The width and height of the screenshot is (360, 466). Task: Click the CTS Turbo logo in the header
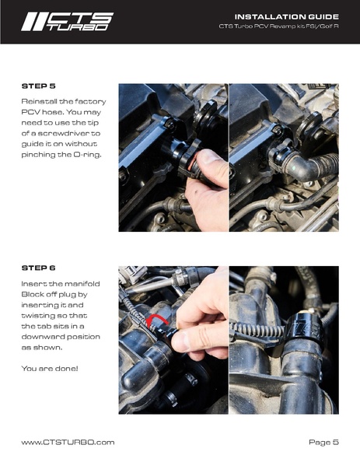(x=67, y=21)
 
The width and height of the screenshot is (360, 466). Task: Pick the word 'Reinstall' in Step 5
(x=40, y=102)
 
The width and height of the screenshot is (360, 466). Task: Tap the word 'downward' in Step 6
(x=48, y=338)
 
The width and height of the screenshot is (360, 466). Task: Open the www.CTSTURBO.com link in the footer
(x=68, y=442)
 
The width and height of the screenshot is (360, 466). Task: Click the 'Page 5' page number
(x=323, y=442)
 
